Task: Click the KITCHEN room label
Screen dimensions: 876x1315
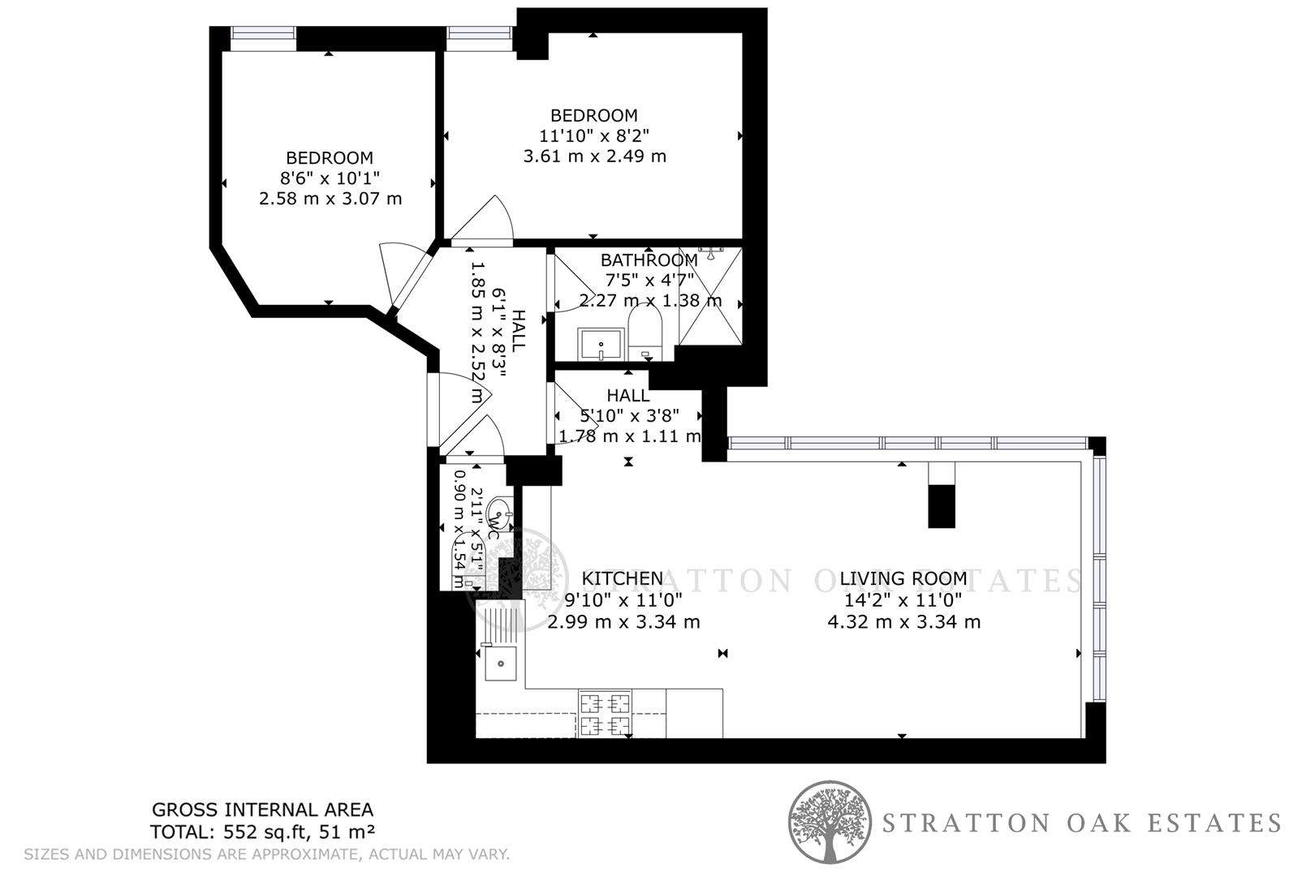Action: pos(623,578)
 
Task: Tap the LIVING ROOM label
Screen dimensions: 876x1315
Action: pos(903,578)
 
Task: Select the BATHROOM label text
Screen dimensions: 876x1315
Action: pos(649,260)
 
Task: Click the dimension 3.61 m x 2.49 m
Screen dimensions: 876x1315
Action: pos(594,156)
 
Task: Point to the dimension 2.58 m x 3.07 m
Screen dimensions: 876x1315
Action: pos(330,199)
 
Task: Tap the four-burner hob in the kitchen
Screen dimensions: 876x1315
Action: pos(605,714)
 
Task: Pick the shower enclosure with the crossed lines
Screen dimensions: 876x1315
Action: pos(710,296)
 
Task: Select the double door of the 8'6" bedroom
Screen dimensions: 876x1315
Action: pos(402,276)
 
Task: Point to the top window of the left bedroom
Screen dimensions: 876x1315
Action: pos(262,33)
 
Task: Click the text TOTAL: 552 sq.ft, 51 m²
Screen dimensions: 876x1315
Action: pos(262,831)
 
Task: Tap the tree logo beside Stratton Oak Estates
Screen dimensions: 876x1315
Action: pos(830,822)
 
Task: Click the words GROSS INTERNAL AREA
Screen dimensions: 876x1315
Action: pos(263,809)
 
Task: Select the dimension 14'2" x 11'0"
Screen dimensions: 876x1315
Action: pos(903,600)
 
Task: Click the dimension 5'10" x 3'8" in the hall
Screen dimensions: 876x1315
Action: pos(629,416)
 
